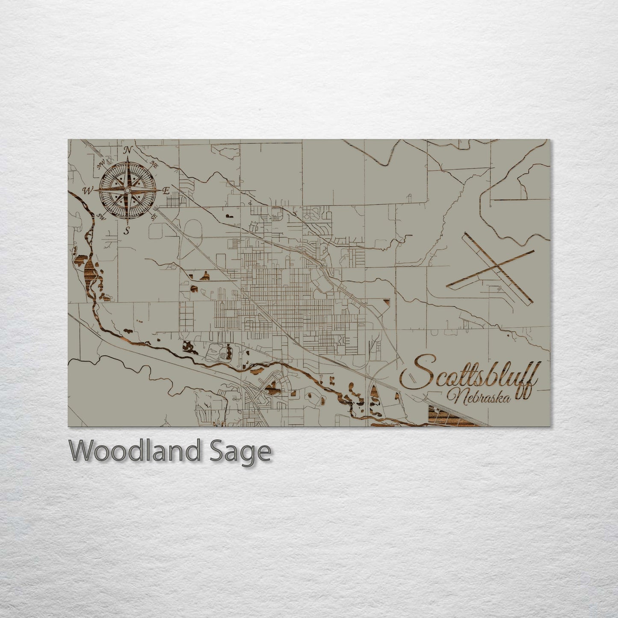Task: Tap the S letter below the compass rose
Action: coord(127,231)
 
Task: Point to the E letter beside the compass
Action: coord(167,191)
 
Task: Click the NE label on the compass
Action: coord(154,163)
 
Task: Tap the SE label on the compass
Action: coord(154,217)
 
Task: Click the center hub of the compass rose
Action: coord(127,189)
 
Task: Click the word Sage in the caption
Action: coord(250,451)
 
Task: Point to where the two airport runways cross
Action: coord(497,267)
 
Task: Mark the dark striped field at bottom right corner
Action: coord(449,417)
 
